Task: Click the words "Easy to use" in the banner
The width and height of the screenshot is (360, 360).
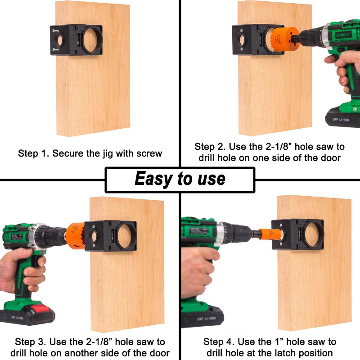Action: click(x=180, y=179)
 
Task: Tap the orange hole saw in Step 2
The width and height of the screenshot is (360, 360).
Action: click(x=285, y=39)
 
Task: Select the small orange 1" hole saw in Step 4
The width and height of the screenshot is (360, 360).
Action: click(x=270, y=234)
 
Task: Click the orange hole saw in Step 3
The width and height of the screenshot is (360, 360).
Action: click(x=75, y=236)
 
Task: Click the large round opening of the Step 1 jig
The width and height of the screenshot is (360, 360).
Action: click(x=90, y=40)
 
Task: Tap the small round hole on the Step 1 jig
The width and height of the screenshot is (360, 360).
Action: click(x=60, y=40)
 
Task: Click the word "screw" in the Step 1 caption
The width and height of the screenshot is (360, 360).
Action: click(x=149, y=153)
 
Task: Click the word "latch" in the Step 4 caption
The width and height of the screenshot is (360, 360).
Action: click(x=285, y=353)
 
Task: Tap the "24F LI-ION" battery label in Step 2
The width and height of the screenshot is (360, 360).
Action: click(x=341, y=119)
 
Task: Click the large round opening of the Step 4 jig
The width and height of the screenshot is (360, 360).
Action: click(x=312, y=234)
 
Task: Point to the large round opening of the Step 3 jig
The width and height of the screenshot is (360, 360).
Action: click(x=125, y=237)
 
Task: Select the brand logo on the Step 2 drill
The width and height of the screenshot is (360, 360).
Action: click(x=344, y=35)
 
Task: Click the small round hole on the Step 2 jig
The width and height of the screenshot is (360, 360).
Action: click(x=242, y=40)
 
